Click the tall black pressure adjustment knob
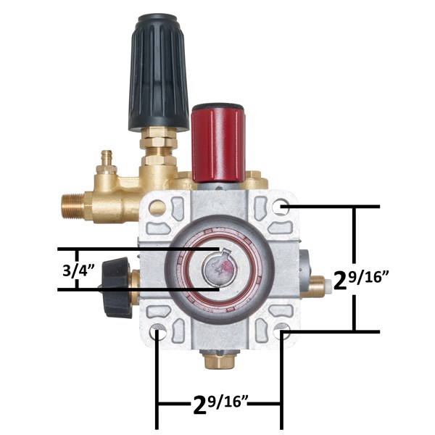tap(158, 72)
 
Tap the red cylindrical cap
tap(218, 144)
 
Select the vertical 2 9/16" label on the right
tap(360, 280)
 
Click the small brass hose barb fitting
tap(107, 162)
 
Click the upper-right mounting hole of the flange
tap(281, 207)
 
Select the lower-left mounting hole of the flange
tap(158, 332)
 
